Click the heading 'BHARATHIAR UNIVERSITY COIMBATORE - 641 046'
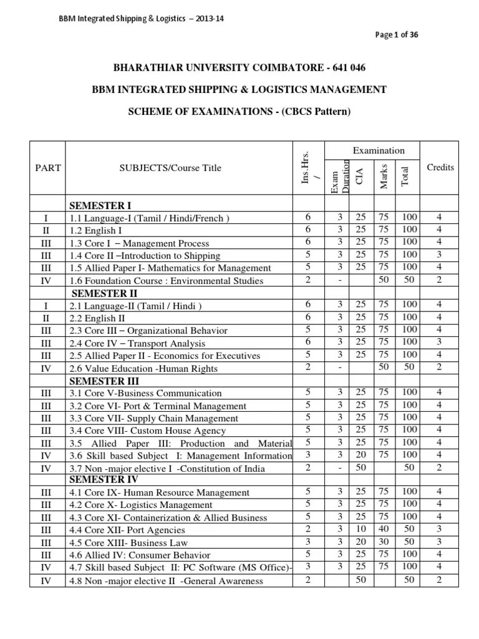tap(239, 67)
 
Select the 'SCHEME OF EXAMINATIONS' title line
tap(239, 112)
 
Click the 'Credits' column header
tap(440, 167)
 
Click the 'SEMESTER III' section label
tap(104, 381)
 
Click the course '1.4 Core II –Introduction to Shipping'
tap(145, 256)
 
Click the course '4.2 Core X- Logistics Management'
tap(141, 505)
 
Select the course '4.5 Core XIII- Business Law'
tap(128, 542)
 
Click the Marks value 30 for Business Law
tap(384, 541)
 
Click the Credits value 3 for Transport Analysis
tap(439, 341)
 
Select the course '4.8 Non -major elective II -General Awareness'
tap(166, 581)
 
